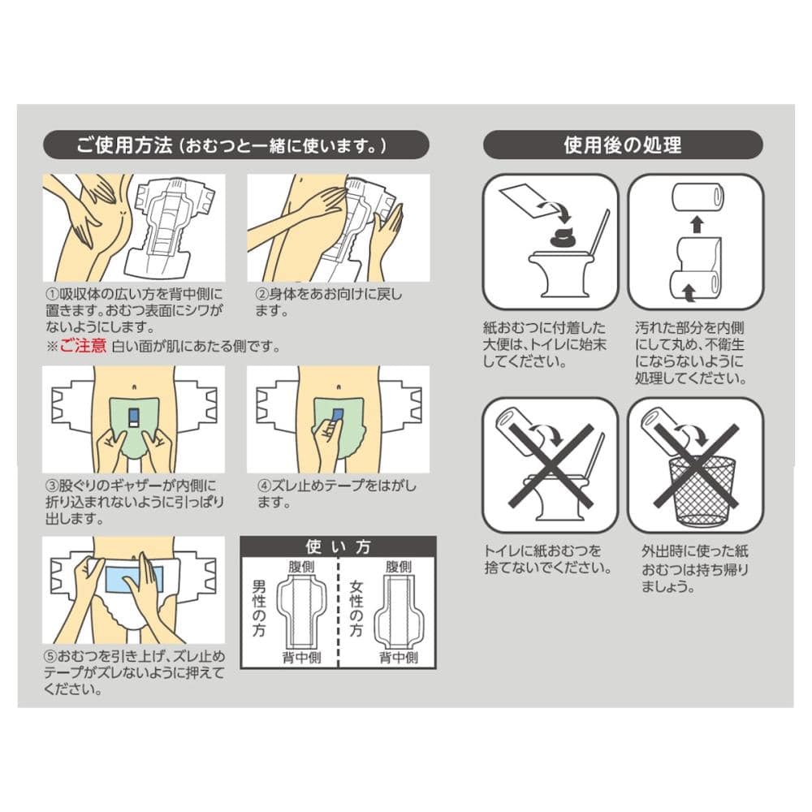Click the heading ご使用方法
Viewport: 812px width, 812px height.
coord(123,145)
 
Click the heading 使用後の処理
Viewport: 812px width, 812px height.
coord(623,145)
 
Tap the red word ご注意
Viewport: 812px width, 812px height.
coord(83,345)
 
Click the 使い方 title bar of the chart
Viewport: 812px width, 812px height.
coord(338,546)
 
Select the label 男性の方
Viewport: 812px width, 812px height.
coord(259,608)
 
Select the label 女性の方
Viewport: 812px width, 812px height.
coord(356,608)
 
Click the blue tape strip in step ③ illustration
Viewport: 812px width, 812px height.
coord(133,417)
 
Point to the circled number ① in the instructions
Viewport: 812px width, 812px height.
coord(52,294)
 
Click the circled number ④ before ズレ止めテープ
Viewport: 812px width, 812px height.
coord(264,486)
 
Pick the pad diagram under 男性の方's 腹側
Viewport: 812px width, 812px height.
coord(301,611)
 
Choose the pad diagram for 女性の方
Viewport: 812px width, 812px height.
coord(399,611)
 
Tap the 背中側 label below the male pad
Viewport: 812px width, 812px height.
coord(301,658)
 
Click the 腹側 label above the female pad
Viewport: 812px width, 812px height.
coord(399,567)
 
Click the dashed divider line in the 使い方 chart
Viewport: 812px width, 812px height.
coord(338,612)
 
